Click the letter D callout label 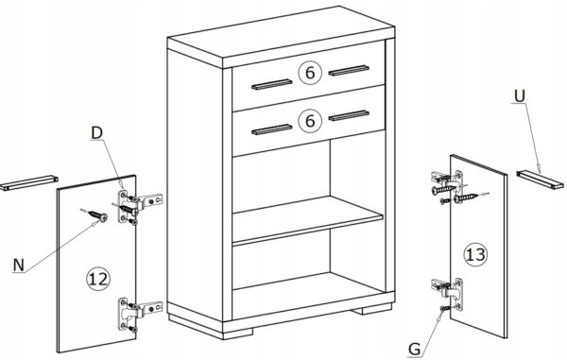click(97, 133)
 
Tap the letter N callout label click(19, 265)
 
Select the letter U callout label click(519, 95)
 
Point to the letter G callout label click(415, 350)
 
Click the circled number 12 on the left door click(98, 279)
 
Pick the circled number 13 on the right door click(475, 255)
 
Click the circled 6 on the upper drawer click(310, 73)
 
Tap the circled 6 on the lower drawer click(310, 120)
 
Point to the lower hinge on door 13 click(448, 294)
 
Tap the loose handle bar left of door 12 click(29, 182)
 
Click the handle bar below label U click(540, 180)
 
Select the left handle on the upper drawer click(271, 84)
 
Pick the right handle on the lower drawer click(349, 115)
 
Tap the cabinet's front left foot click(237, 334)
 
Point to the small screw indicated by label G click(445, 308)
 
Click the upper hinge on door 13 click(448, 185)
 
